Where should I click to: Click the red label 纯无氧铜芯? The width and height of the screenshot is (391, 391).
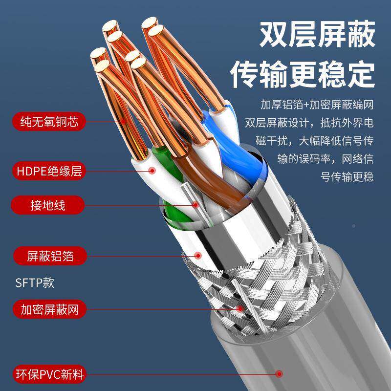46,120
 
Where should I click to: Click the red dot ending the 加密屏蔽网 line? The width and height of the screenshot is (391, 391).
239,309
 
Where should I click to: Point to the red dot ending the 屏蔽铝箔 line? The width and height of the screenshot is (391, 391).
198,255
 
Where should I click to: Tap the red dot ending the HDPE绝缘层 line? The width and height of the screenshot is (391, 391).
152,171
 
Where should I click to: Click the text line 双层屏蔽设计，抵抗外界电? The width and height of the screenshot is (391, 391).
309,122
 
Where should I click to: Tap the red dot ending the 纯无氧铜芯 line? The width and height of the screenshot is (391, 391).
124,120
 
